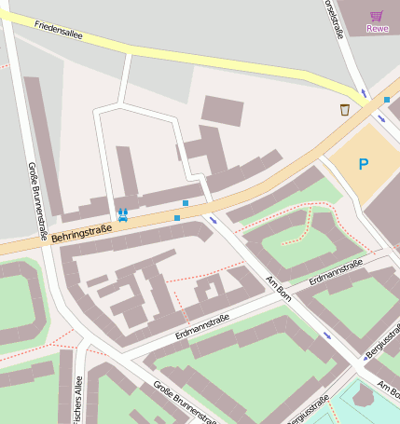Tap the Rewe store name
(x=377, y=28)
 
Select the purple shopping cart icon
(x=377, y=15)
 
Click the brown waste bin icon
(x=345, y=110)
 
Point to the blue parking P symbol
(x=363, y=164)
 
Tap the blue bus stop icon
(x=122, y=213)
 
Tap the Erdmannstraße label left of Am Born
(x=202, y=325)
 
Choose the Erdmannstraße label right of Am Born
(x=336, y=271)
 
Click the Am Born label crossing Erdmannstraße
(x=279, y=287)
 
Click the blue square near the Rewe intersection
(x=387, y=100)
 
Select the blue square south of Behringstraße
(x=177, y=218)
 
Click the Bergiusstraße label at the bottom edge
(x=308, y=411)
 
